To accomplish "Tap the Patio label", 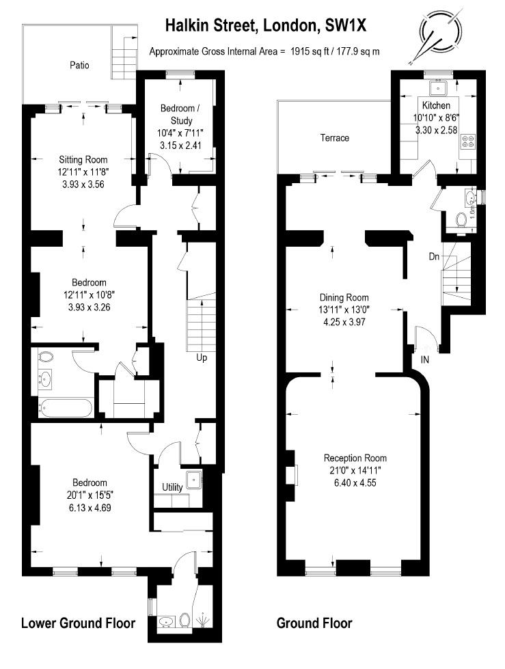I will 80,66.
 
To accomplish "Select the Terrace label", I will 335,138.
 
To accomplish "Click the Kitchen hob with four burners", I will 469,143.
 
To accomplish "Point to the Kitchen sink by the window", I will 437,88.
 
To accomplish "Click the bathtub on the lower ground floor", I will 65,409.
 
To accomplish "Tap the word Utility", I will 172,487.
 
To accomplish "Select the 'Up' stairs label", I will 201,357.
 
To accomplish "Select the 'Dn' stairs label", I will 434,257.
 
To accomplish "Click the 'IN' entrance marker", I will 425,359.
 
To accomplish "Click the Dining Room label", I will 344,297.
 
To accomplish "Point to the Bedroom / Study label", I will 180,114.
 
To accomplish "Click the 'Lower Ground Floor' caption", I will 78,623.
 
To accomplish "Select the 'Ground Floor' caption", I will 314,623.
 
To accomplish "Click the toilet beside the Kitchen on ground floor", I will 462,219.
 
